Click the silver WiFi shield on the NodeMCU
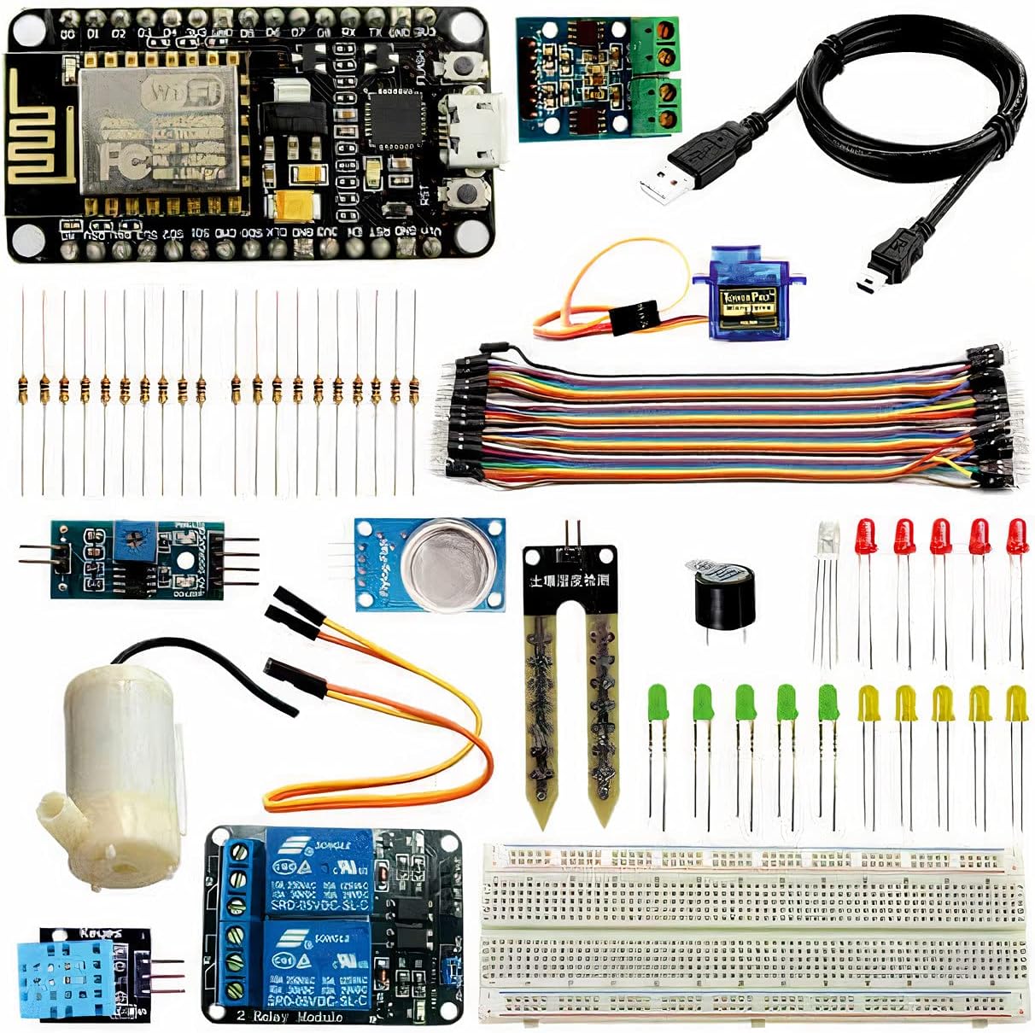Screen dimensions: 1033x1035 158,128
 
